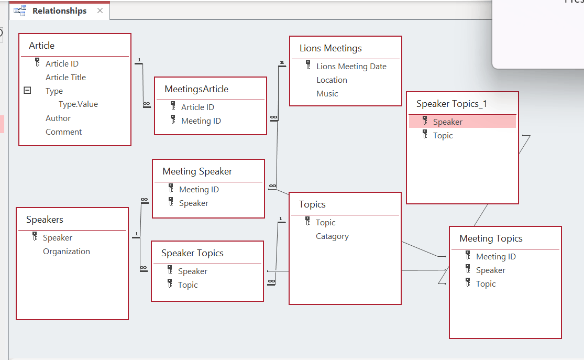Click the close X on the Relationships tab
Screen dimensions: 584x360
[x=100, y=10]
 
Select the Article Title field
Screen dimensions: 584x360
[x=65, y=78]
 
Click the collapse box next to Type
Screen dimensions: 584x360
[x=27, y=90]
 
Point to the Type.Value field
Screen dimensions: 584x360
[x=78, y=104]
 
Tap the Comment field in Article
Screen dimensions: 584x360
[x=64, y=132]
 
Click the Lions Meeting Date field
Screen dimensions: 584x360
[x=351, y=67]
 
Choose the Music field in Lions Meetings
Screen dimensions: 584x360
[x=327, y=94]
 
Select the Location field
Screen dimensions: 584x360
[x=332, y=80]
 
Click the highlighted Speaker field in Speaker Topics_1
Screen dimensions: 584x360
[x=447, y=122]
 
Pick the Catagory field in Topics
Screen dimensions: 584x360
[x=332, y=236]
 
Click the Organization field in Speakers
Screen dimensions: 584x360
[x=67, y=252]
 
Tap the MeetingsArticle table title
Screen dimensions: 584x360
[x=196, y=89]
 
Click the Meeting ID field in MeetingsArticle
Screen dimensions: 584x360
[x=201, y=121]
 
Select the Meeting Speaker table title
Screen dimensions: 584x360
[x=197, y=171]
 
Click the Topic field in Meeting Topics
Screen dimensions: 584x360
[x=486, y=284]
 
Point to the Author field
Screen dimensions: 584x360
[x=58, y=118]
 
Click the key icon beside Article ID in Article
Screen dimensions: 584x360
[x=37, y=62]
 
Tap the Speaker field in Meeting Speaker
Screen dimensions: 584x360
[x=194, y=203]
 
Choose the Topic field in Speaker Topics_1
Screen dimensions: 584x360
[x=443, y=136]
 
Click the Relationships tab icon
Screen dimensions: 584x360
[x=20, y=11]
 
